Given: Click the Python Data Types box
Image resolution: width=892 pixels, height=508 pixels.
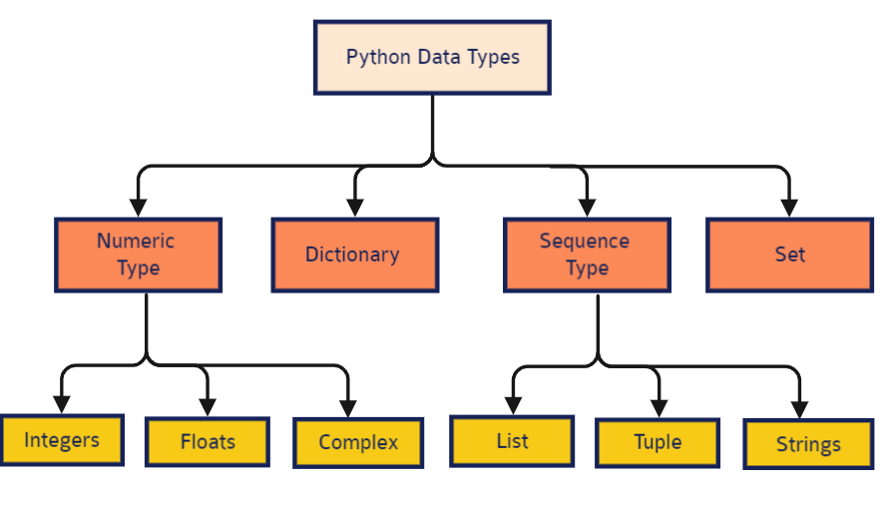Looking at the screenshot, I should (x=432, y=57).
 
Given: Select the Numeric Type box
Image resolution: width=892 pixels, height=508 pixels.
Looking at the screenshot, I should (x=138, y=254).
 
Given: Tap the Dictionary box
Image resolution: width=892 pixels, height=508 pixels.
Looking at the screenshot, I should (x=354, y=254).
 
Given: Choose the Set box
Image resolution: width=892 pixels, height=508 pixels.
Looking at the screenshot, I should (x=789, y=254).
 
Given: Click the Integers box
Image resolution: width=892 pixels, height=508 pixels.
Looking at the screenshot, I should (x=62, y=439).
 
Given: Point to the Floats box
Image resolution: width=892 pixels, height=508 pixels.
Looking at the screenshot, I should (x=208, y=441).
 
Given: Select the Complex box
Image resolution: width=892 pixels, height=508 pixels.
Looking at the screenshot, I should (x=357, y=442).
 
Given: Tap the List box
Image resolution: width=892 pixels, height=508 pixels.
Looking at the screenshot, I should (x=512, y=440).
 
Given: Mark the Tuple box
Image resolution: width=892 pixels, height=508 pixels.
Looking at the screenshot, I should (x=658, y=442).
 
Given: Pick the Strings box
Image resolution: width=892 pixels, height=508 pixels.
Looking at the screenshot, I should (x=807, y=444).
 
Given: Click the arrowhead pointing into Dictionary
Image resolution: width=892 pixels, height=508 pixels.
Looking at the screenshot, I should (x=355, y=208).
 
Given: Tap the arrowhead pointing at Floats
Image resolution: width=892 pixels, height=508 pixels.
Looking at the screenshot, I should (x=208, y=406).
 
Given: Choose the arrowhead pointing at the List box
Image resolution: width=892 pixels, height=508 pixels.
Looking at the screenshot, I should (x=513, y=406).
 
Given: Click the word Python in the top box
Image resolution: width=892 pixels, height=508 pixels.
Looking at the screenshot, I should (x=372, y=57).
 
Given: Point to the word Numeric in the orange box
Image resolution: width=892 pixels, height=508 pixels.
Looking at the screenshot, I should (x=136, y=241).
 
